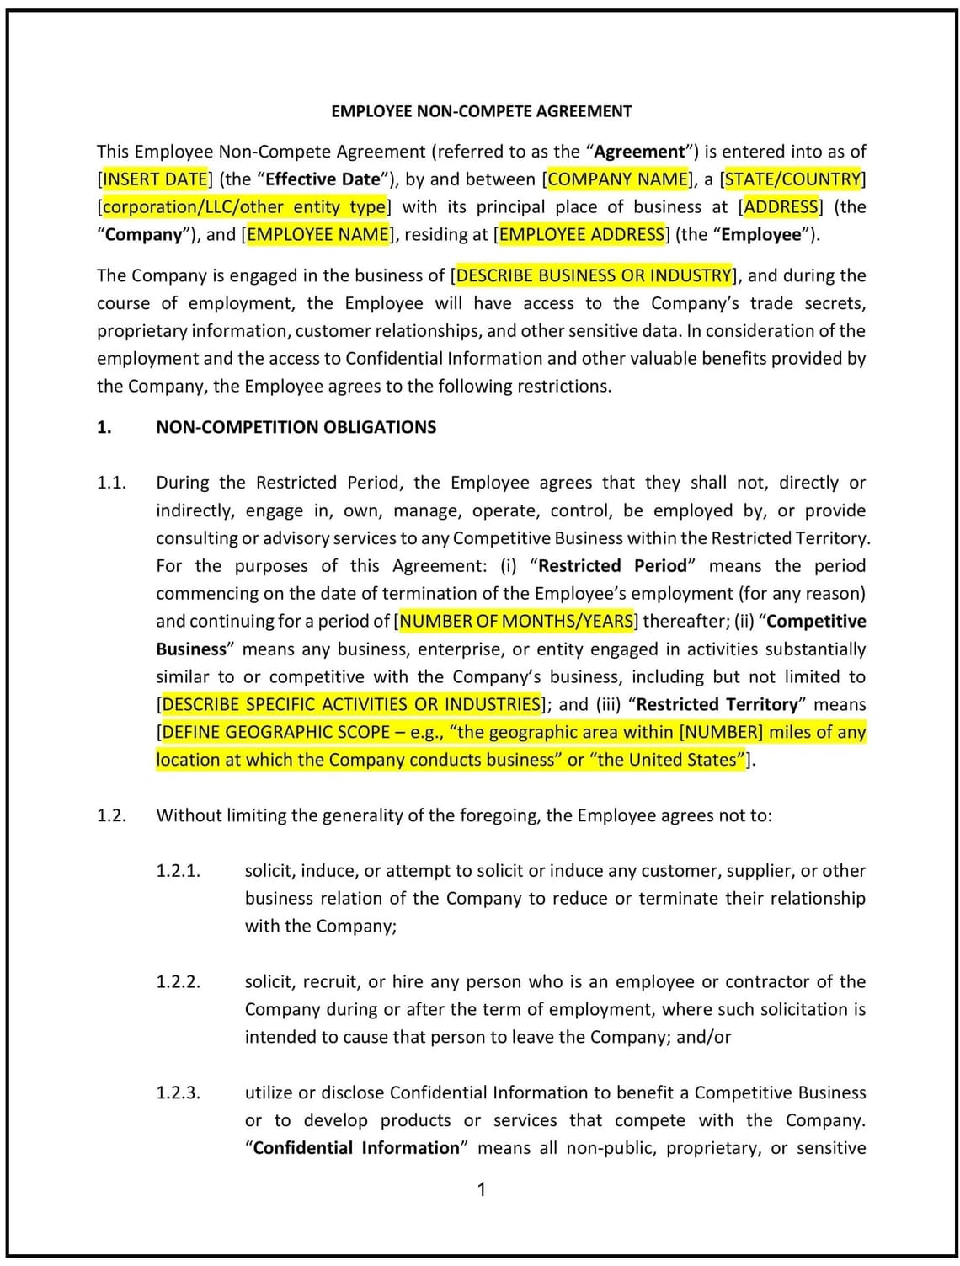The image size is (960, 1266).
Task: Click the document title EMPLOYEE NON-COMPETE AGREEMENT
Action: pyautogui.click(x=481, y=111)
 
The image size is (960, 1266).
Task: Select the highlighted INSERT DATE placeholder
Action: pyautogui.click(x=155, y=179)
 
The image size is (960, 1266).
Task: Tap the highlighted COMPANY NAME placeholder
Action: pyautogui.click(x=618, y=179)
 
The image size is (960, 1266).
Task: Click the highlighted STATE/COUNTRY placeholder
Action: pyautogui.click(x=793, y=179)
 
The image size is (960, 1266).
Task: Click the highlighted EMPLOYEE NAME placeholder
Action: pyautogui.click(x=318, y=235)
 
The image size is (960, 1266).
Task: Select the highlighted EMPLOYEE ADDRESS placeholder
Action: pyautogui.click(x=582, y=235)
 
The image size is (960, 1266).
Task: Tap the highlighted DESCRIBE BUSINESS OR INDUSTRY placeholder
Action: pyautogui.click(x=594, y=275)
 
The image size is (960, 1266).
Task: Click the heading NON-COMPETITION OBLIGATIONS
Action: pyautogui.click(x=296, y=427)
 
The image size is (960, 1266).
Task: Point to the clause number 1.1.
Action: pyautogui.click(x=111, y=483)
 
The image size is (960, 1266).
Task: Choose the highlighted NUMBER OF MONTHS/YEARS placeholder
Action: pyautogui.click(x=516, y=622)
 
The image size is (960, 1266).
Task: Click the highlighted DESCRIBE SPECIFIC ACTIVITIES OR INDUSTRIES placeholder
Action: pyautogui.click(x=351, y=704)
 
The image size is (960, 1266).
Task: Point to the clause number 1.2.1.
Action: pyautogui.click(x=178, y=871)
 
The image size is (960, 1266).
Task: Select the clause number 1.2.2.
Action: pyautogui.click(x=178, y=982)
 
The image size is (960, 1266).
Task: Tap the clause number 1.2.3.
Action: pyautogui.click(x=178, y=1093)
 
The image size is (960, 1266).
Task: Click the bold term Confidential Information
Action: pyautogui.click(x=356, y=1148)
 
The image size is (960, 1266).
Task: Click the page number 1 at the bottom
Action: pyautogui.click(x=481, y=1189)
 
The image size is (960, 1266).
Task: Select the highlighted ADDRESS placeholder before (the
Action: pyautogui.click(x=781, y=207)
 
